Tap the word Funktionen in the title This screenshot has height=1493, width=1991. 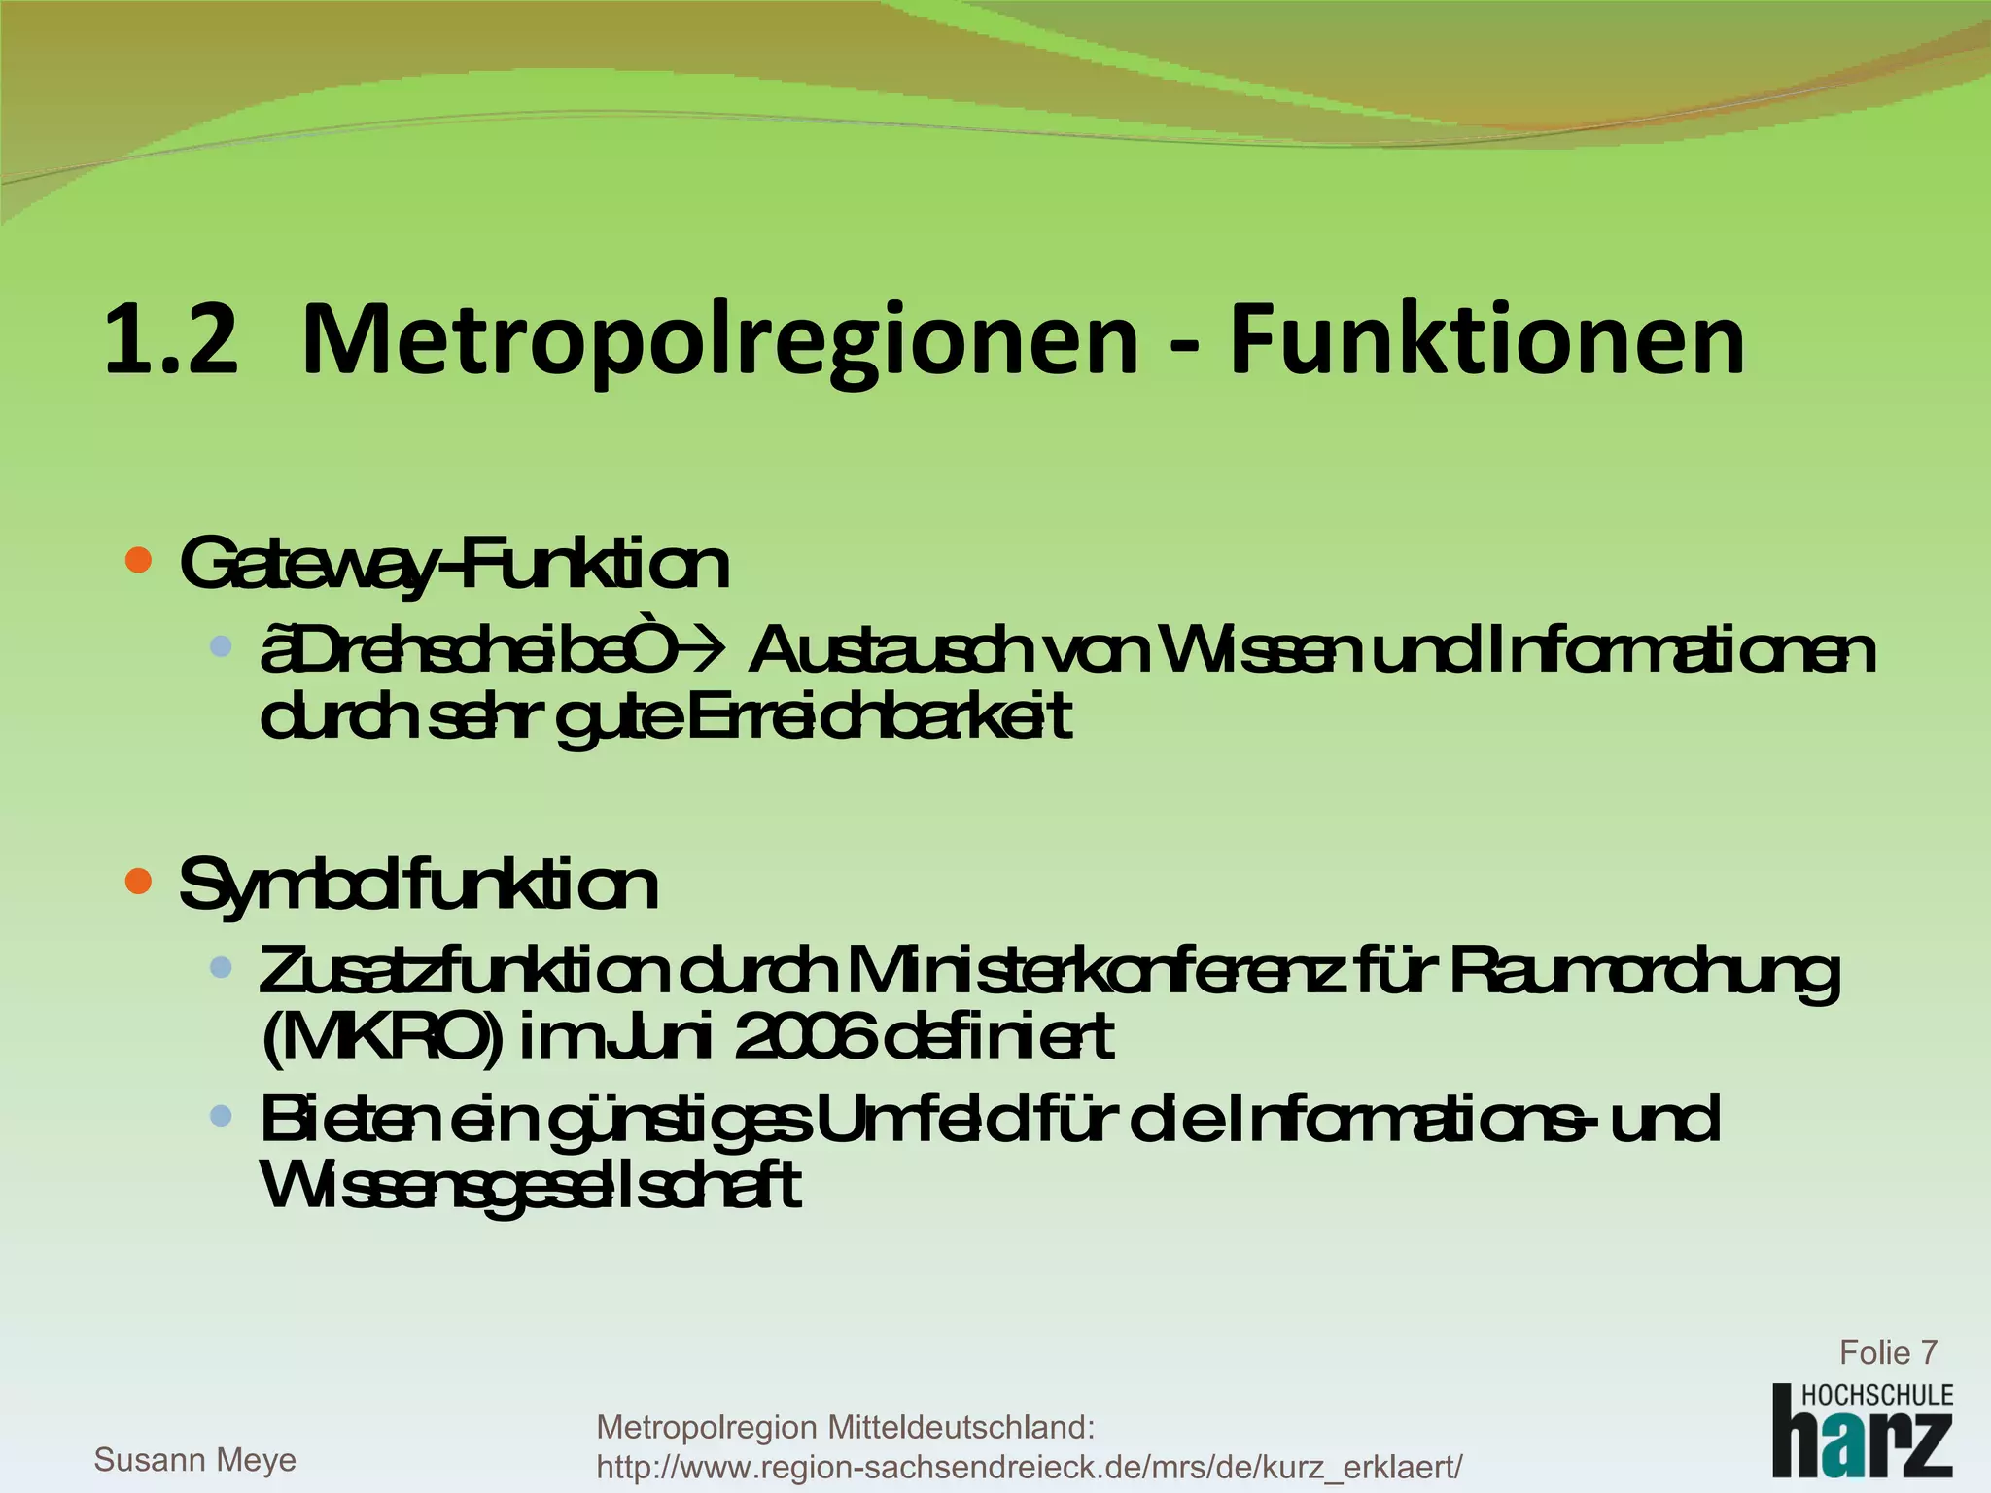[1487, 340]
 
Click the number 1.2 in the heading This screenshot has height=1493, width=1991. [171, 340]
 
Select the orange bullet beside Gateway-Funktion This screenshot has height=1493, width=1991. [139, 560]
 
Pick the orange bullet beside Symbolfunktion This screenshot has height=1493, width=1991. [139, 881]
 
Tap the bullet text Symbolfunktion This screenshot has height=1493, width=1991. [418, 885]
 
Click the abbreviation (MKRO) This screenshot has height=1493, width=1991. [383, 1037]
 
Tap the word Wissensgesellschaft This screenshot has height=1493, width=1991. [531, 1185]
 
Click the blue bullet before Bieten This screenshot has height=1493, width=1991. [221, 1116]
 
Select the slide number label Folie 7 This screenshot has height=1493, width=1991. [1887, 1352]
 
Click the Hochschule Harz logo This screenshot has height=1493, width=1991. [1862, 1431]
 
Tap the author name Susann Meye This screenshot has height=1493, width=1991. [194, 1459]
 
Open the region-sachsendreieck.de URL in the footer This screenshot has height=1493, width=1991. [1029, 1466]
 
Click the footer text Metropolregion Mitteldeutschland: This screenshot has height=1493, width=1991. [845, 1427]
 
